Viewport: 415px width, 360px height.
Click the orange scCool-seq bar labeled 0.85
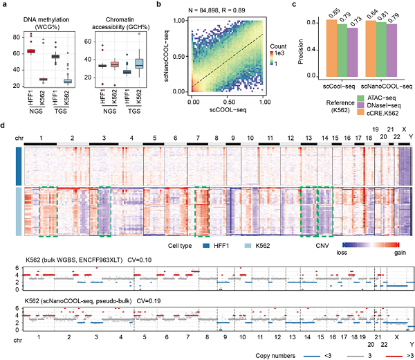click(311, 48)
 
